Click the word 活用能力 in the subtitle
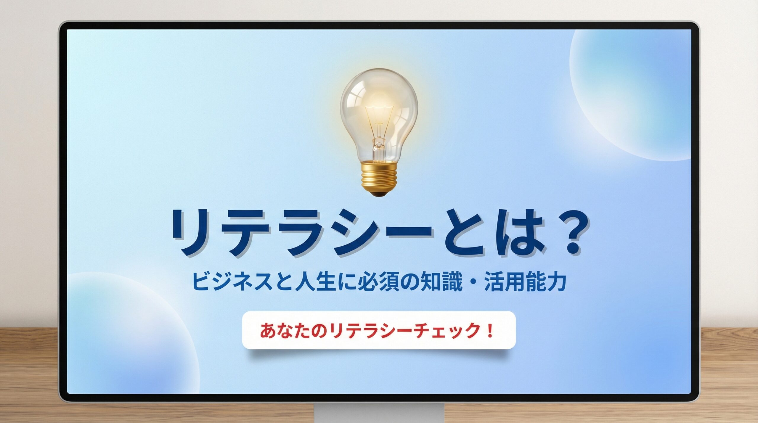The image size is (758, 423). [x=526, y=283]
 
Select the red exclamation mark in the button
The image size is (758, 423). [x=489, y=331]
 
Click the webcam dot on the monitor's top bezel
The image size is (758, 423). [x=379, y=26]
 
